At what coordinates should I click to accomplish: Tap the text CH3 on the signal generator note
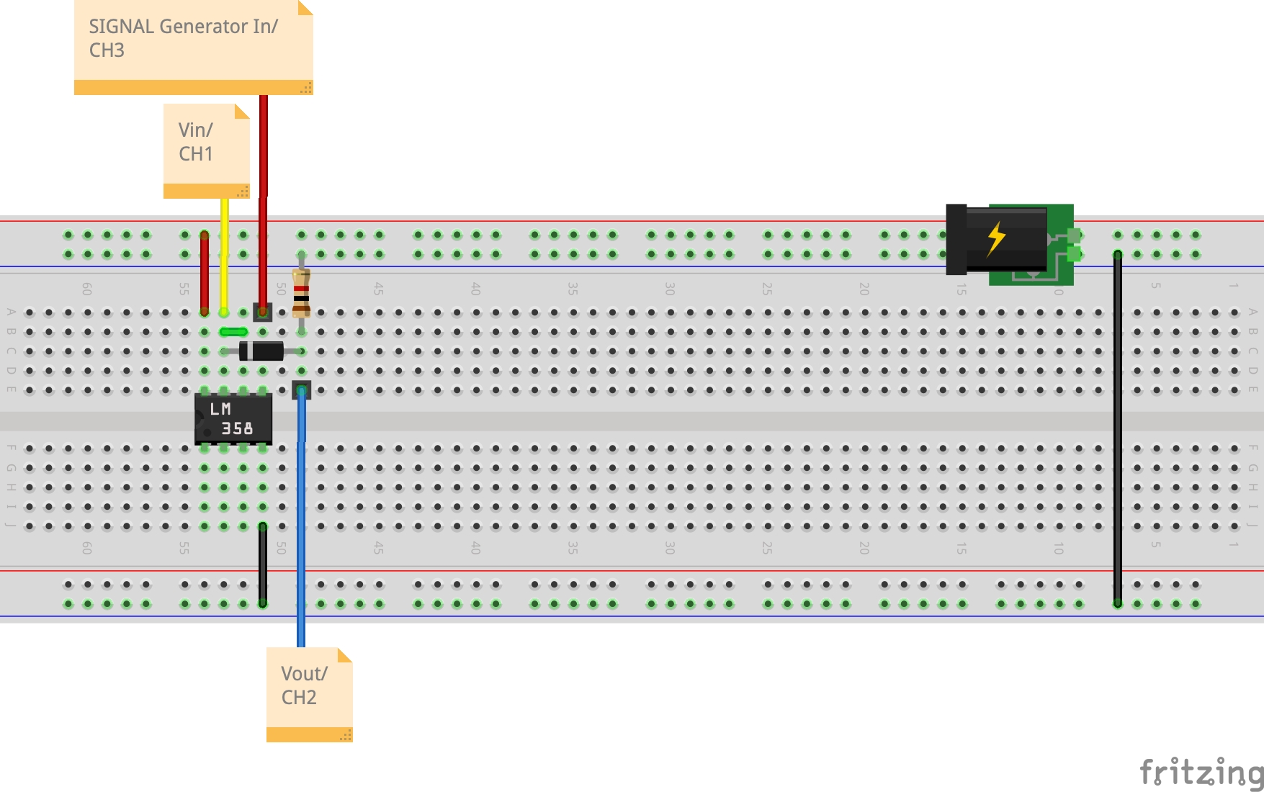(107, 50)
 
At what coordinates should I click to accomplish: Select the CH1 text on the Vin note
(196, 154)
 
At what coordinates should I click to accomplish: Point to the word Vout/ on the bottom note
(304, 674)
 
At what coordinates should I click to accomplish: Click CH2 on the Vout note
(299, 698)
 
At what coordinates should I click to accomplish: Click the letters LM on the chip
(220, 409)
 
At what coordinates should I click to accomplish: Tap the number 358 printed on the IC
(237, 428)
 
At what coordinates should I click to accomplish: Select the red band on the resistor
(301, 289)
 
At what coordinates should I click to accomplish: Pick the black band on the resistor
(301, 298)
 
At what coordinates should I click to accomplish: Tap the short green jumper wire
(233, 332)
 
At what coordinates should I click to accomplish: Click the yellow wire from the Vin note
(224, 252)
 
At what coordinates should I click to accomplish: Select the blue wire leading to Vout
(301, 518)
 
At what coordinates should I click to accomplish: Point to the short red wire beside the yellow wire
(205, 274)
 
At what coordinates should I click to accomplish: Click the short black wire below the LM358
(263, 565)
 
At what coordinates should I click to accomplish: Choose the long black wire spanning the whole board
(1118, 432)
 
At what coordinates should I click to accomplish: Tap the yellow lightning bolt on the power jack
(996, 238)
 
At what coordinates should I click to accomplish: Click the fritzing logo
(1201, 773)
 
